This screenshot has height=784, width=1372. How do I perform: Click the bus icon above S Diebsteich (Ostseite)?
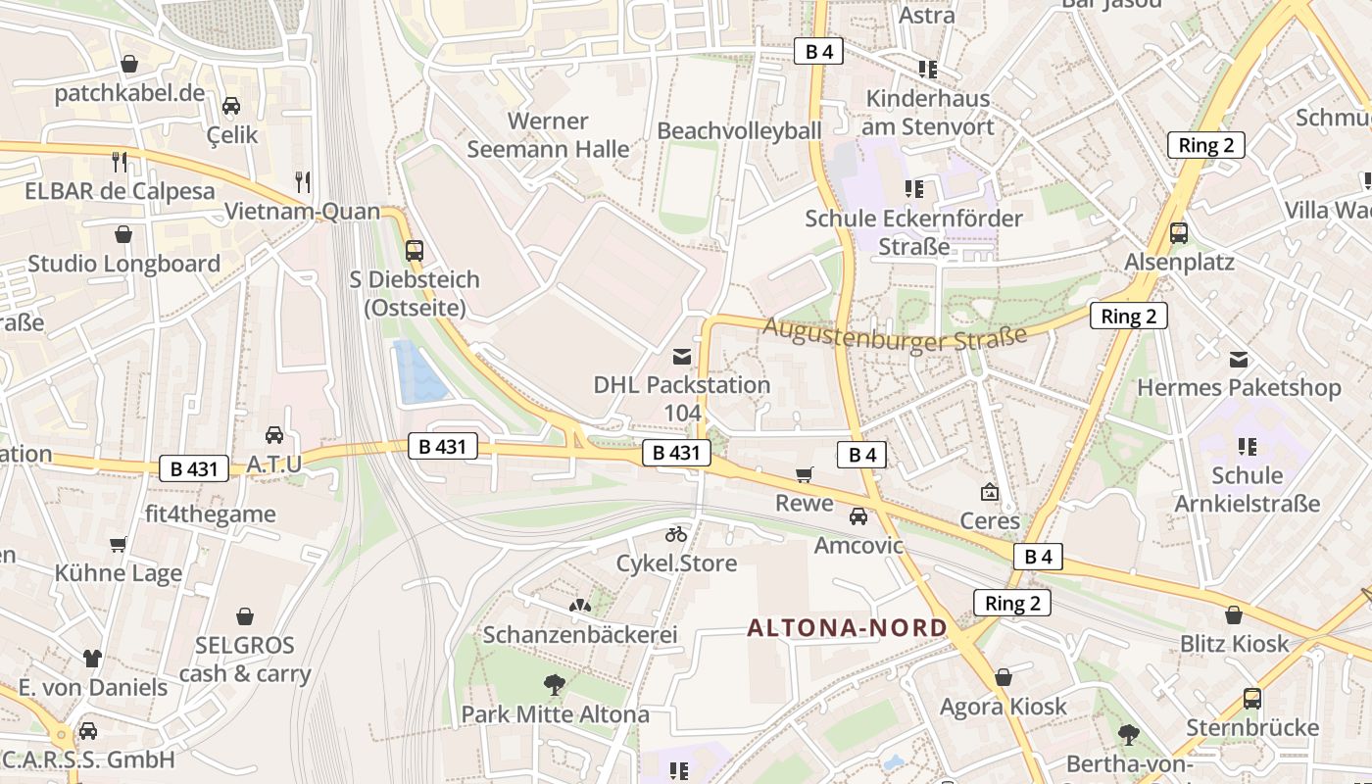click(415, 250)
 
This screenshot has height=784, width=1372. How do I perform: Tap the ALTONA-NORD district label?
click(848, 627)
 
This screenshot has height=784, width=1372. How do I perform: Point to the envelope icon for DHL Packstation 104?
click(682, 357)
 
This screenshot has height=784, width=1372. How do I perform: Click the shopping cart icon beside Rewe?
click(805, 475)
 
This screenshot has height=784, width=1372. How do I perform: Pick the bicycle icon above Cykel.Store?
click(676, 534)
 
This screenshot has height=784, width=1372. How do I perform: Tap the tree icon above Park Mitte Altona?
click(555, 684)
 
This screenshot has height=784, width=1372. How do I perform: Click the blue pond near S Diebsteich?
click(418, 372)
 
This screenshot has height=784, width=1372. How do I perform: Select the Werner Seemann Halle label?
click(548, 135)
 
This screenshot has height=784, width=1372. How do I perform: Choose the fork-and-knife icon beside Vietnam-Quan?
click(303, 181)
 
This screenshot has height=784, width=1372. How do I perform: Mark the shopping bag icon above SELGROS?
click(245, 616)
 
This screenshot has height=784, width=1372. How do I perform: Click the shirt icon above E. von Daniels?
click(92, 658)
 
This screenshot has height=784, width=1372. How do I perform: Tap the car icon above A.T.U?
click(274, 434)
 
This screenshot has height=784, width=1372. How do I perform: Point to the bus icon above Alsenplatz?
click(1179, 233)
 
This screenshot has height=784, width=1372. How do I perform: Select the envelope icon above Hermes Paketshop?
click(1239, 360)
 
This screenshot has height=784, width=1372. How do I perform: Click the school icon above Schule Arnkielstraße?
click(1247, 447)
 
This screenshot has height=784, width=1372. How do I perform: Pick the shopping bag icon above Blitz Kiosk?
click(1234, 615)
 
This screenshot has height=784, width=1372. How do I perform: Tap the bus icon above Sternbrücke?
click(1252, 699)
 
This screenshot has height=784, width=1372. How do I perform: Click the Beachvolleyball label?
click(739, 130)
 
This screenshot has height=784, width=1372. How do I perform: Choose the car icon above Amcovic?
click(858, 515)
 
